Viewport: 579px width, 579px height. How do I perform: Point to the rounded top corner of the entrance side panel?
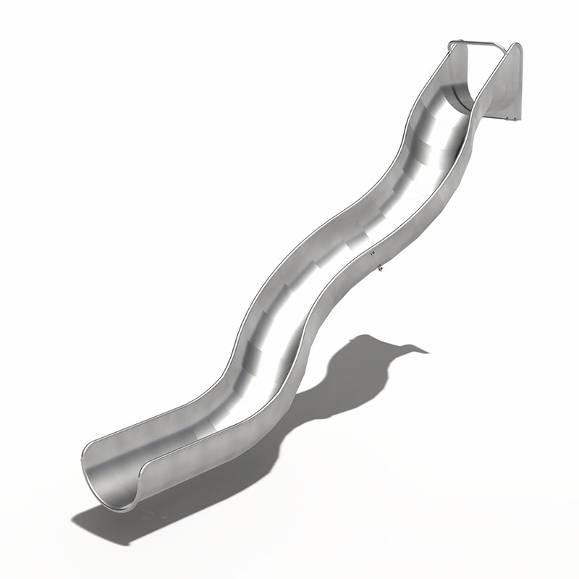517,46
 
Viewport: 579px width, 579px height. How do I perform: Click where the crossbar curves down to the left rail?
452,45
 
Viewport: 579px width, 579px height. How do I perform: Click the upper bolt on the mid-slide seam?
372,253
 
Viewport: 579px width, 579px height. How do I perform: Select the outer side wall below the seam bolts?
340,311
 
